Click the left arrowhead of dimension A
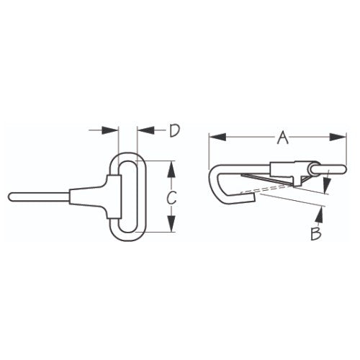tap(214, 136)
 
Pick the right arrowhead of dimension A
tap(338, 136)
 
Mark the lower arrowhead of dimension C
tap(170, 228)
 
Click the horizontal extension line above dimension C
tap(162, 161)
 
